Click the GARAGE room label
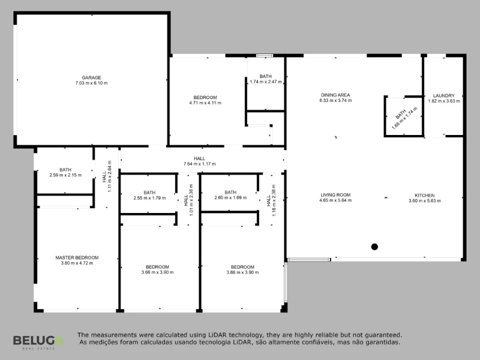pyautogui.click(x=91, y=78)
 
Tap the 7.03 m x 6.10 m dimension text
pyautogui.click(x=91, y=83)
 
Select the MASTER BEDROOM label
pyautogui.click(x=77, y=258)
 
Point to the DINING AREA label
pyautogui.click(x=335, y=95)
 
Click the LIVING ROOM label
pyautogui.click(x=335, y=195)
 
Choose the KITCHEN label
pyautogui.click(x=424, y=195)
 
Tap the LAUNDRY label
pyautogui.click(x=444, y=96)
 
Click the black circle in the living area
pyautogui.click(x=374, y=246)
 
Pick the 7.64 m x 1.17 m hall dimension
pyautogui.click(x=199, y=164)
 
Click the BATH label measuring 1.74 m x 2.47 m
pyautogui.click(x=265, y=76)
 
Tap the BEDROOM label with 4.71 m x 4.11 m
pyautogui.click(x=205, y=97)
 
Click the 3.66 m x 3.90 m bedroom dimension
pyautogui.click(x=157, y=272)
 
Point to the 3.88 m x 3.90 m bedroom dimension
pyautogui.click(x=242, y=272)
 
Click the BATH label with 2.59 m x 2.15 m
pyautogui.click(x=65, y=170)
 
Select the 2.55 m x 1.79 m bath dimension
pyautogui.click(x=149, y=198)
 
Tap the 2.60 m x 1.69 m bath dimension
pyautogui.click(x=230, y=198)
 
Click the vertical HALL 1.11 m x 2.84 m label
pyautogui.click(x=107, y=176)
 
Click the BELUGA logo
pyautogui.click(x=38, y=341)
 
